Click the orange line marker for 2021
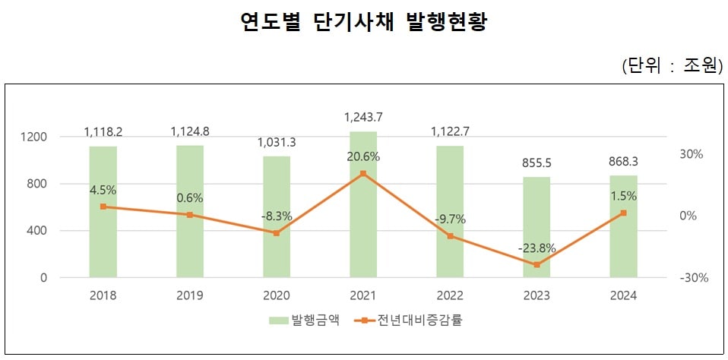point(363,174)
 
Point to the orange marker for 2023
point(537,264)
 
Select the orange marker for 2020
point(277,233)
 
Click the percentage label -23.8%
point(537,248)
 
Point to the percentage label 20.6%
point(363,157)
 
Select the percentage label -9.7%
point(450,219)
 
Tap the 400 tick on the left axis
point(37,231)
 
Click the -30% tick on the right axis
point(694,278)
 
